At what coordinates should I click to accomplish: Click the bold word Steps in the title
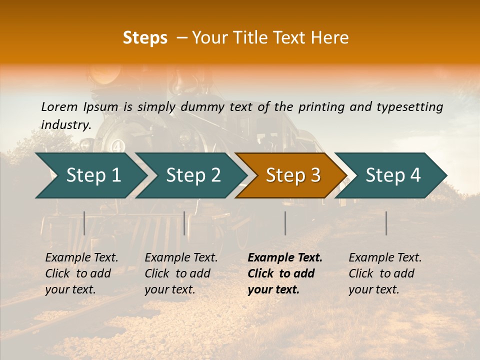[x=145, y=38]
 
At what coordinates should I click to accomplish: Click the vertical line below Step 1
[x=84, y=223]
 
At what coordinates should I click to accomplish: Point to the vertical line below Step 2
[x=184, y=223]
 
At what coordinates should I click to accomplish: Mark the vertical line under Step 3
[x=285, y=223]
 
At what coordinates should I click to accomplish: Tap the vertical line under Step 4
[x=386, y=223]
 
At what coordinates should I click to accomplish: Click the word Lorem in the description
[x=59, y=106]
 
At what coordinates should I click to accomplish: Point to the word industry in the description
[x=66, y=124]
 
